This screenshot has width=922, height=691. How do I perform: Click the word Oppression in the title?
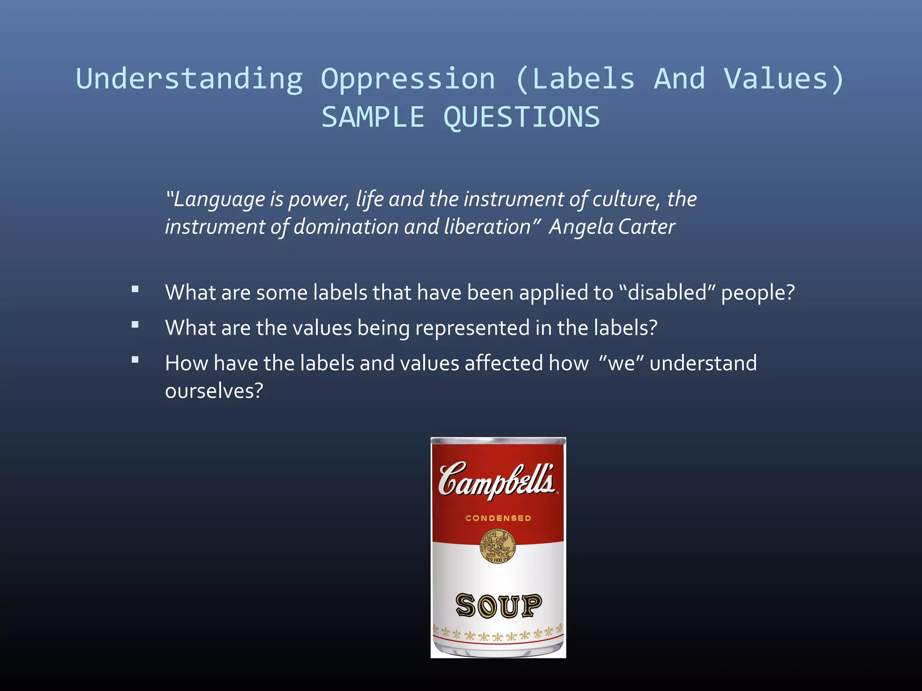click(408, 79)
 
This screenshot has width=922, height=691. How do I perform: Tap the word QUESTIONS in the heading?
click(521, 117)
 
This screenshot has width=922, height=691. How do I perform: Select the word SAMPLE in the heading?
click(373, 117)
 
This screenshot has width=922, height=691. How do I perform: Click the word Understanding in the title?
click(190, 79)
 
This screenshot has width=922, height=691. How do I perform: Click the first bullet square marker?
click(135, 290)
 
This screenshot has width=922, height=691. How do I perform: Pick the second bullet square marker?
click(135, 325)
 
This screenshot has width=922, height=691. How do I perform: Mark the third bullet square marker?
click(135, 360)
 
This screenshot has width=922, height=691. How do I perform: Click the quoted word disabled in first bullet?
click(667, 293)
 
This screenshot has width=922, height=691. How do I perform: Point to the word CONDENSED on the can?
click(498, 518)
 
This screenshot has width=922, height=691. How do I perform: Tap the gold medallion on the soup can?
click(497, 546)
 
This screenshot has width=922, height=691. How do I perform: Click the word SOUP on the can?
click(498, 606)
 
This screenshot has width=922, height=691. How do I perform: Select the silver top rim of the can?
click(498, 441)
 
